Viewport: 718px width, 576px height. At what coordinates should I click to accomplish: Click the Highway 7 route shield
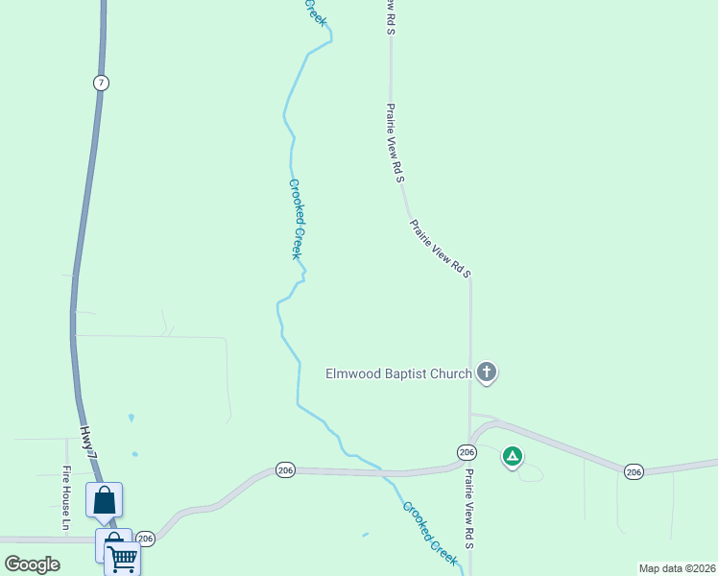coord(101,83)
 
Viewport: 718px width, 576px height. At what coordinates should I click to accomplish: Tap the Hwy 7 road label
coord(89,448)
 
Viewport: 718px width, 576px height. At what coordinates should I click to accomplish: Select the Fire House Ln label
coord(67,498)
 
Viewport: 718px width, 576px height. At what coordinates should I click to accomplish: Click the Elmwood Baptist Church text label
coord(398,373)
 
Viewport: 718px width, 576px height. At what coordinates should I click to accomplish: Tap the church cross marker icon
coord(487,372)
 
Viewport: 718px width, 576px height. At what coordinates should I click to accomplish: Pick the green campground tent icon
coord(513,456)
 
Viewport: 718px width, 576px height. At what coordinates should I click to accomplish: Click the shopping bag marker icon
coord(104,500)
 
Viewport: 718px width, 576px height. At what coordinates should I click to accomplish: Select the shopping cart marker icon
coord(123,557)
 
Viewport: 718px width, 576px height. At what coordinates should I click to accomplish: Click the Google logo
coord(32,564)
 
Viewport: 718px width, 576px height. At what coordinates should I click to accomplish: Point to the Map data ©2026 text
coord(678,568)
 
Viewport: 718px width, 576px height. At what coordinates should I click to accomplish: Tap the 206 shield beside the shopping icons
coord(145,539)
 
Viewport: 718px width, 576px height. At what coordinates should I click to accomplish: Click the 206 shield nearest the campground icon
coord(467,452)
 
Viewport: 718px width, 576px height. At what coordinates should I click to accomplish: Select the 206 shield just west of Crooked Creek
coord(285,470)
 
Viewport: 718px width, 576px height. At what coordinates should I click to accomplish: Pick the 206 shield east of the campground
coord(633,471)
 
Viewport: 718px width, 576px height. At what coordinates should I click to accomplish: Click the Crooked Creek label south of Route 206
coord(429,532)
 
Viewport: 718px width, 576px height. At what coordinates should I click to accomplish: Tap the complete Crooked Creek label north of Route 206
coord(296,219)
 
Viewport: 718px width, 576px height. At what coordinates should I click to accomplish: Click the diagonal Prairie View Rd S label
coord(440,250)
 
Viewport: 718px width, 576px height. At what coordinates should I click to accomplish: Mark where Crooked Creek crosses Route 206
coord(382,472)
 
